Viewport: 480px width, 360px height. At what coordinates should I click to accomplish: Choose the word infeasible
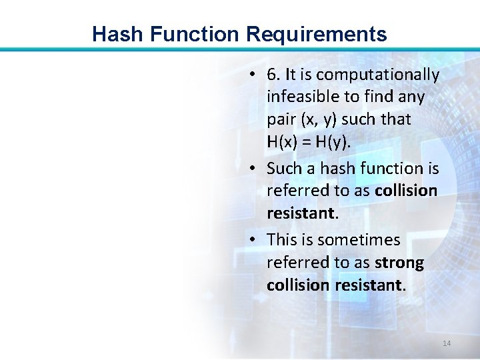303,97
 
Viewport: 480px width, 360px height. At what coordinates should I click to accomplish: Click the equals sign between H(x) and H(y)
309,142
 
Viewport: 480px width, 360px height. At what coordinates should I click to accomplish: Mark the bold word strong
399,263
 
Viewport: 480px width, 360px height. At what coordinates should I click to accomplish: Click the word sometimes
359,239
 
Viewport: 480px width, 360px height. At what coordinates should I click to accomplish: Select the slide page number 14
447,343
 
